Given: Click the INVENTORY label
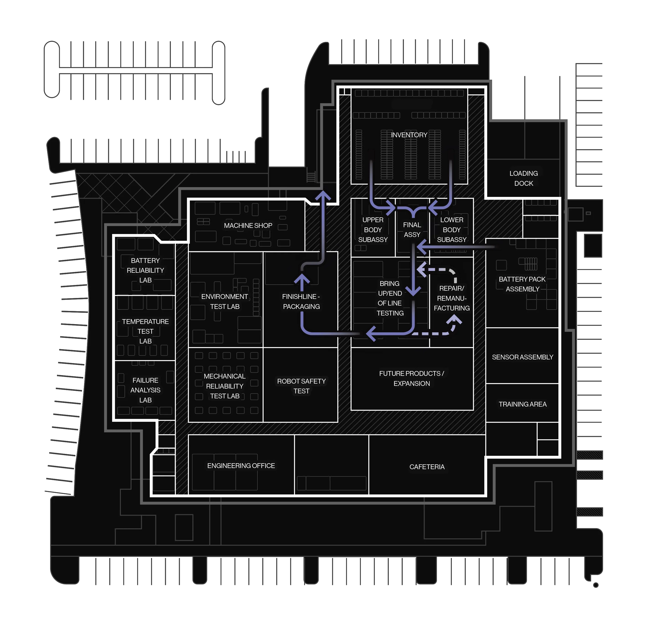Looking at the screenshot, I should click(409, 135).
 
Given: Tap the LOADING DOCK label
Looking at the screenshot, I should click(523, 178).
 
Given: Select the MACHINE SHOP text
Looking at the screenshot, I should click(248, 225).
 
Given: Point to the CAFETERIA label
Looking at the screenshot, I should click(427, 467).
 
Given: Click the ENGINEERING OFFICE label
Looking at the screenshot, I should click(241, 466).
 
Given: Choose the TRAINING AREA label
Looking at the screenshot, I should click(522, 404).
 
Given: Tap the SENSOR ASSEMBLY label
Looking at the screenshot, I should click(522, 357).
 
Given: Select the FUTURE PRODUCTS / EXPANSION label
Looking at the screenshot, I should click(411, 378).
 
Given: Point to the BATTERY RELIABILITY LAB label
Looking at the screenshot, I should click(145, 270).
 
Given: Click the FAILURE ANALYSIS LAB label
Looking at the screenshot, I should click(145, 390).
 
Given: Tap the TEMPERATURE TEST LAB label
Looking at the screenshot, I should click(145, 331).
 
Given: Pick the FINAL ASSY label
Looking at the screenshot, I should click(412, 230).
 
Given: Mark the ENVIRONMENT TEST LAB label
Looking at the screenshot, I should click(225, 302).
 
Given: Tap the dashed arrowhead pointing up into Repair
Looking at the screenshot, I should click(454, 319).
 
